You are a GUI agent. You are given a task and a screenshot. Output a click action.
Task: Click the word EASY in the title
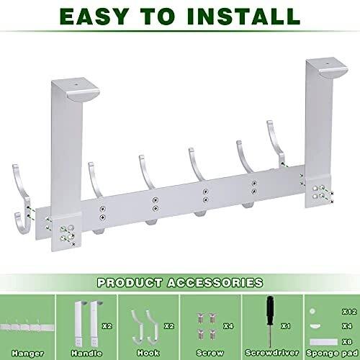pyautogui.click(x=94, y=17)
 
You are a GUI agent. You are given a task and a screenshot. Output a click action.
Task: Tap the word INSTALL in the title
pyautogui.click(x=243, y=17)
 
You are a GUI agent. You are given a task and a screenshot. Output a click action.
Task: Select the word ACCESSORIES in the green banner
pyautogui.click(x=215, y=282)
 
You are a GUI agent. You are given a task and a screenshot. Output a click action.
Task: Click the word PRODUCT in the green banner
pyautogui.click(x=130, y=282)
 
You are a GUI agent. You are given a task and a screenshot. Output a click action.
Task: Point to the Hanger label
pyautogui.click(x=27, y=354)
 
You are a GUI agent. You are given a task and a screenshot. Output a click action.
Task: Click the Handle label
pyautogui.click(x=86, y=354)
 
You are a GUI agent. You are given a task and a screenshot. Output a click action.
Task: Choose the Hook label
pyautogui.click(x=148, y=353)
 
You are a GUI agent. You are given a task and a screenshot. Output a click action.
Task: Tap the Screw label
pyautogui.click(x=210, y=353)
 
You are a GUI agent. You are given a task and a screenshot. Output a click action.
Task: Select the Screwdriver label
pyautogui.click(x=272, y=353)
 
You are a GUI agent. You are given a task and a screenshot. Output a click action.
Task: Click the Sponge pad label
pyautogui.click(x=332, y=353)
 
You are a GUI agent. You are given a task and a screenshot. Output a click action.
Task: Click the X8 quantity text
pyautogui.click(x=347, y=341)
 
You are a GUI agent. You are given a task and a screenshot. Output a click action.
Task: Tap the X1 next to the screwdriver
pyautogui.click(x=286, y=326)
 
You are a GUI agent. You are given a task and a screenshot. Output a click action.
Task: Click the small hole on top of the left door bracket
pyautogui.click(x=76, y=85)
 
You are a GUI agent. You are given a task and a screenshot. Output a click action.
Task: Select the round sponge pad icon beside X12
pyautogui.click(x=312, y=311)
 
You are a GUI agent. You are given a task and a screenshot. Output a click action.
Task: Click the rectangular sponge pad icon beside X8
pyautogui.click(x=323, y=342)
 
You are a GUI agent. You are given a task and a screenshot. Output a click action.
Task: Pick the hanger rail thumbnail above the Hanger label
pyautogui.click(x=27, y=326)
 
